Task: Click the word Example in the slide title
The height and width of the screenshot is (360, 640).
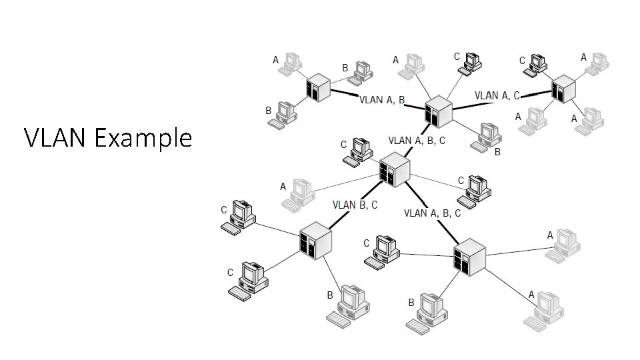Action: pos(143,139)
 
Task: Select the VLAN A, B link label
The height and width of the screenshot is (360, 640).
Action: pos(382,101)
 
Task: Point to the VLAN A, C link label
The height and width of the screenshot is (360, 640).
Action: pos(497,96)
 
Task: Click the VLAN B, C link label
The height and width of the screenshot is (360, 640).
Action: pos(355,205)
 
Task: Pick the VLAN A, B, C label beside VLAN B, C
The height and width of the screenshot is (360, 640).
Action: pos(432,213)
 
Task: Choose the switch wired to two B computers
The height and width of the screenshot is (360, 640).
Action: pos(318,87)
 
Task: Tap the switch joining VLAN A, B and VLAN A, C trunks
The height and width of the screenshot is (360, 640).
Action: pos(438,111)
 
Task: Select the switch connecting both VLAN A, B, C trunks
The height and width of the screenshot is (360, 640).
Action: pos(394,169)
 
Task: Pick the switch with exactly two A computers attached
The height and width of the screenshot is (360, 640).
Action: pos(469,257)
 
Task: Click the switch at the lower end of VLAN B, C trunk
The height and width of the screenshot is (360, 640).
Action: pos(315,241)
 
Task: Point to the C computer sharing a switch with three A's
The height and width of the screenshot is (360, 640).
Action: pos(536,63)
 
